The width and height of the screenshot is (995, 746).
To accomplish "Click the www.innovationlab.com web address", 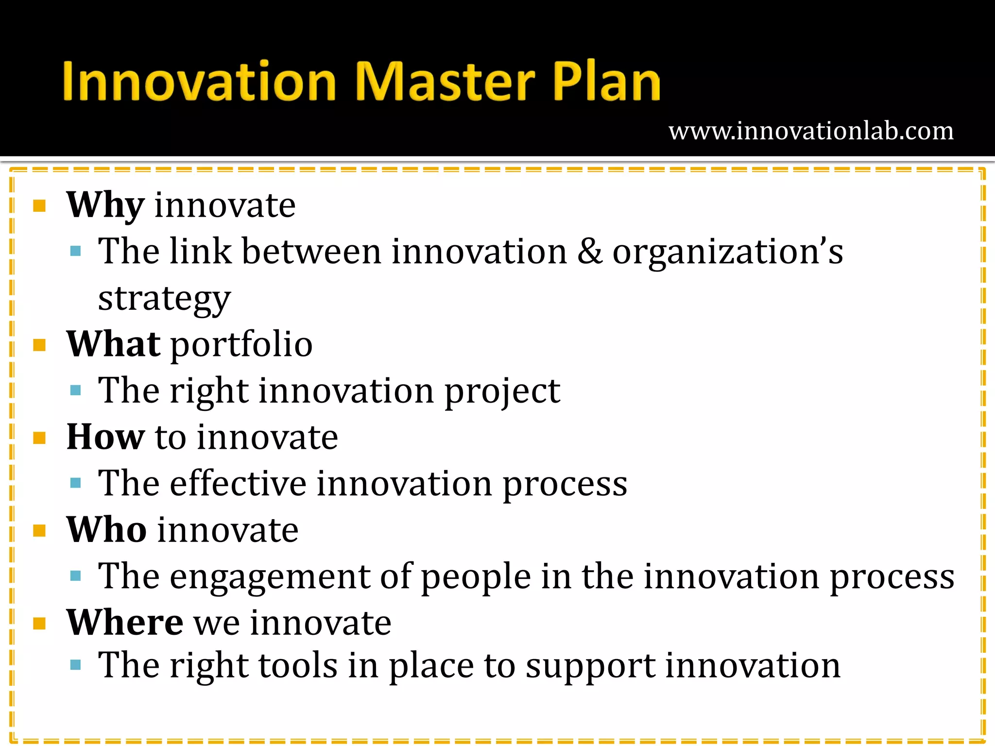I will (811, 131).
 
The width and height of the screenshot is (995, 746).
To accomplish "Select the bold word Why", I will (105, 205).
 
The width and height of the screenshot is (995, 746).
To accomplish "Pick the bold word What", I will (113, 344).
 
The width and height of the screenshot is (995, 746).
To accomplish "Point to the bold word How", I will (105, 437).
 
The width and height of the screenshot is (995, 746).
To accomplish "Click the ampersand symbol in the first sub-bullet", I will (590, 252).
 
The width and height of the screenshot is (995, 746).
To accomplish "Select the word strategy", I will (164, 299).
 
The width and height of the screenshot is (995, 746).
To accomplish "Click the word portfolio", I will (241, 345).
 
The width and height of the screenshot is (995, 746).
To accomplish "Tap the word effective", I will (238, 484).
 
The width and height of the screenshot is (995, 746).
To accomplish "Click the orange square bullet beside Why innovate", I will (39, 206).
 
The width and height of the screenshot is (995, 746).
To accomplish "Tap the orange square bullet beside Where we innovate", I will (39, 623).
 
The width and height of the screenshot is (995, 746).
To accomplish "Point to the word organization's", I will (727, 253).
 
